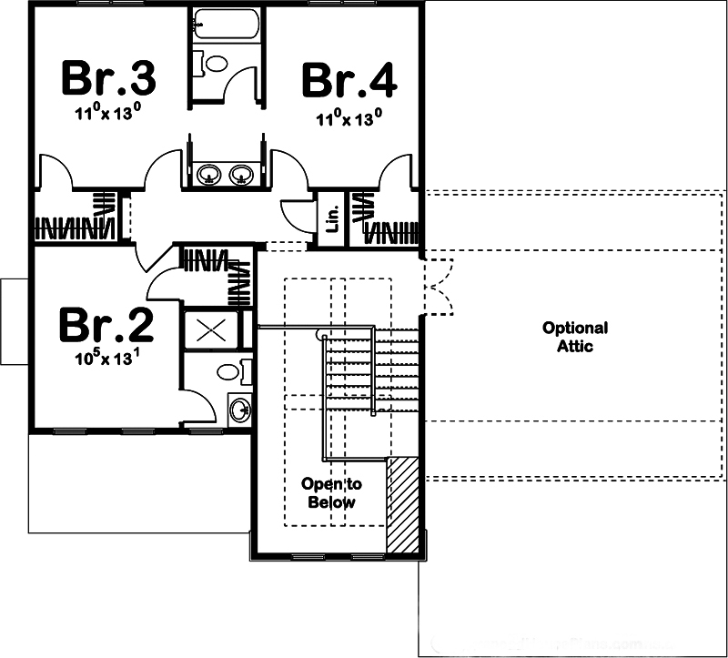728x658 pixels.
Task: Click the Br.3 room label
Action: pos(108,79)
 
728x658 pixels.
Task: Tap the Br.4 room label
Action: pos(349,79)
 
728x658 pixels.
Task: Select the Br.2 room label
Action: pos(106,325)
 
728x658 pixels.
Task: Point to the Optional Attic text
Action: pos(574,337)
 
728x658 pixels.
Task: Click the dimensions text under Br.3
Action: pos(108,114)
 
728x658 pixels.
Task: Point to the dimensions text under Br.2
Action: pos(107,358)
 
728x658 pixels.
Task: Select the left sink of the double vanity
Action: pos(210,173)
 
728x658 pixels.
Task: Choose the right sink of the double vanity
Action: pos(241,173)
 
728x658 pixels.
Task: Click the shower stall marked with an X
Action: pos(211,329)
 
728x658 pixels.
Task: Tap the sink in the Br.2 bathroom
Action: pos(238,410)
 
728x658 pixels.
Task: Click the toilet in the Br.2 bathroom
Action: pos(227,371)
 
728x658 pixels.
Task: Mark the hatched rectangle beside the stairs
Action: pos(403,504)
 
